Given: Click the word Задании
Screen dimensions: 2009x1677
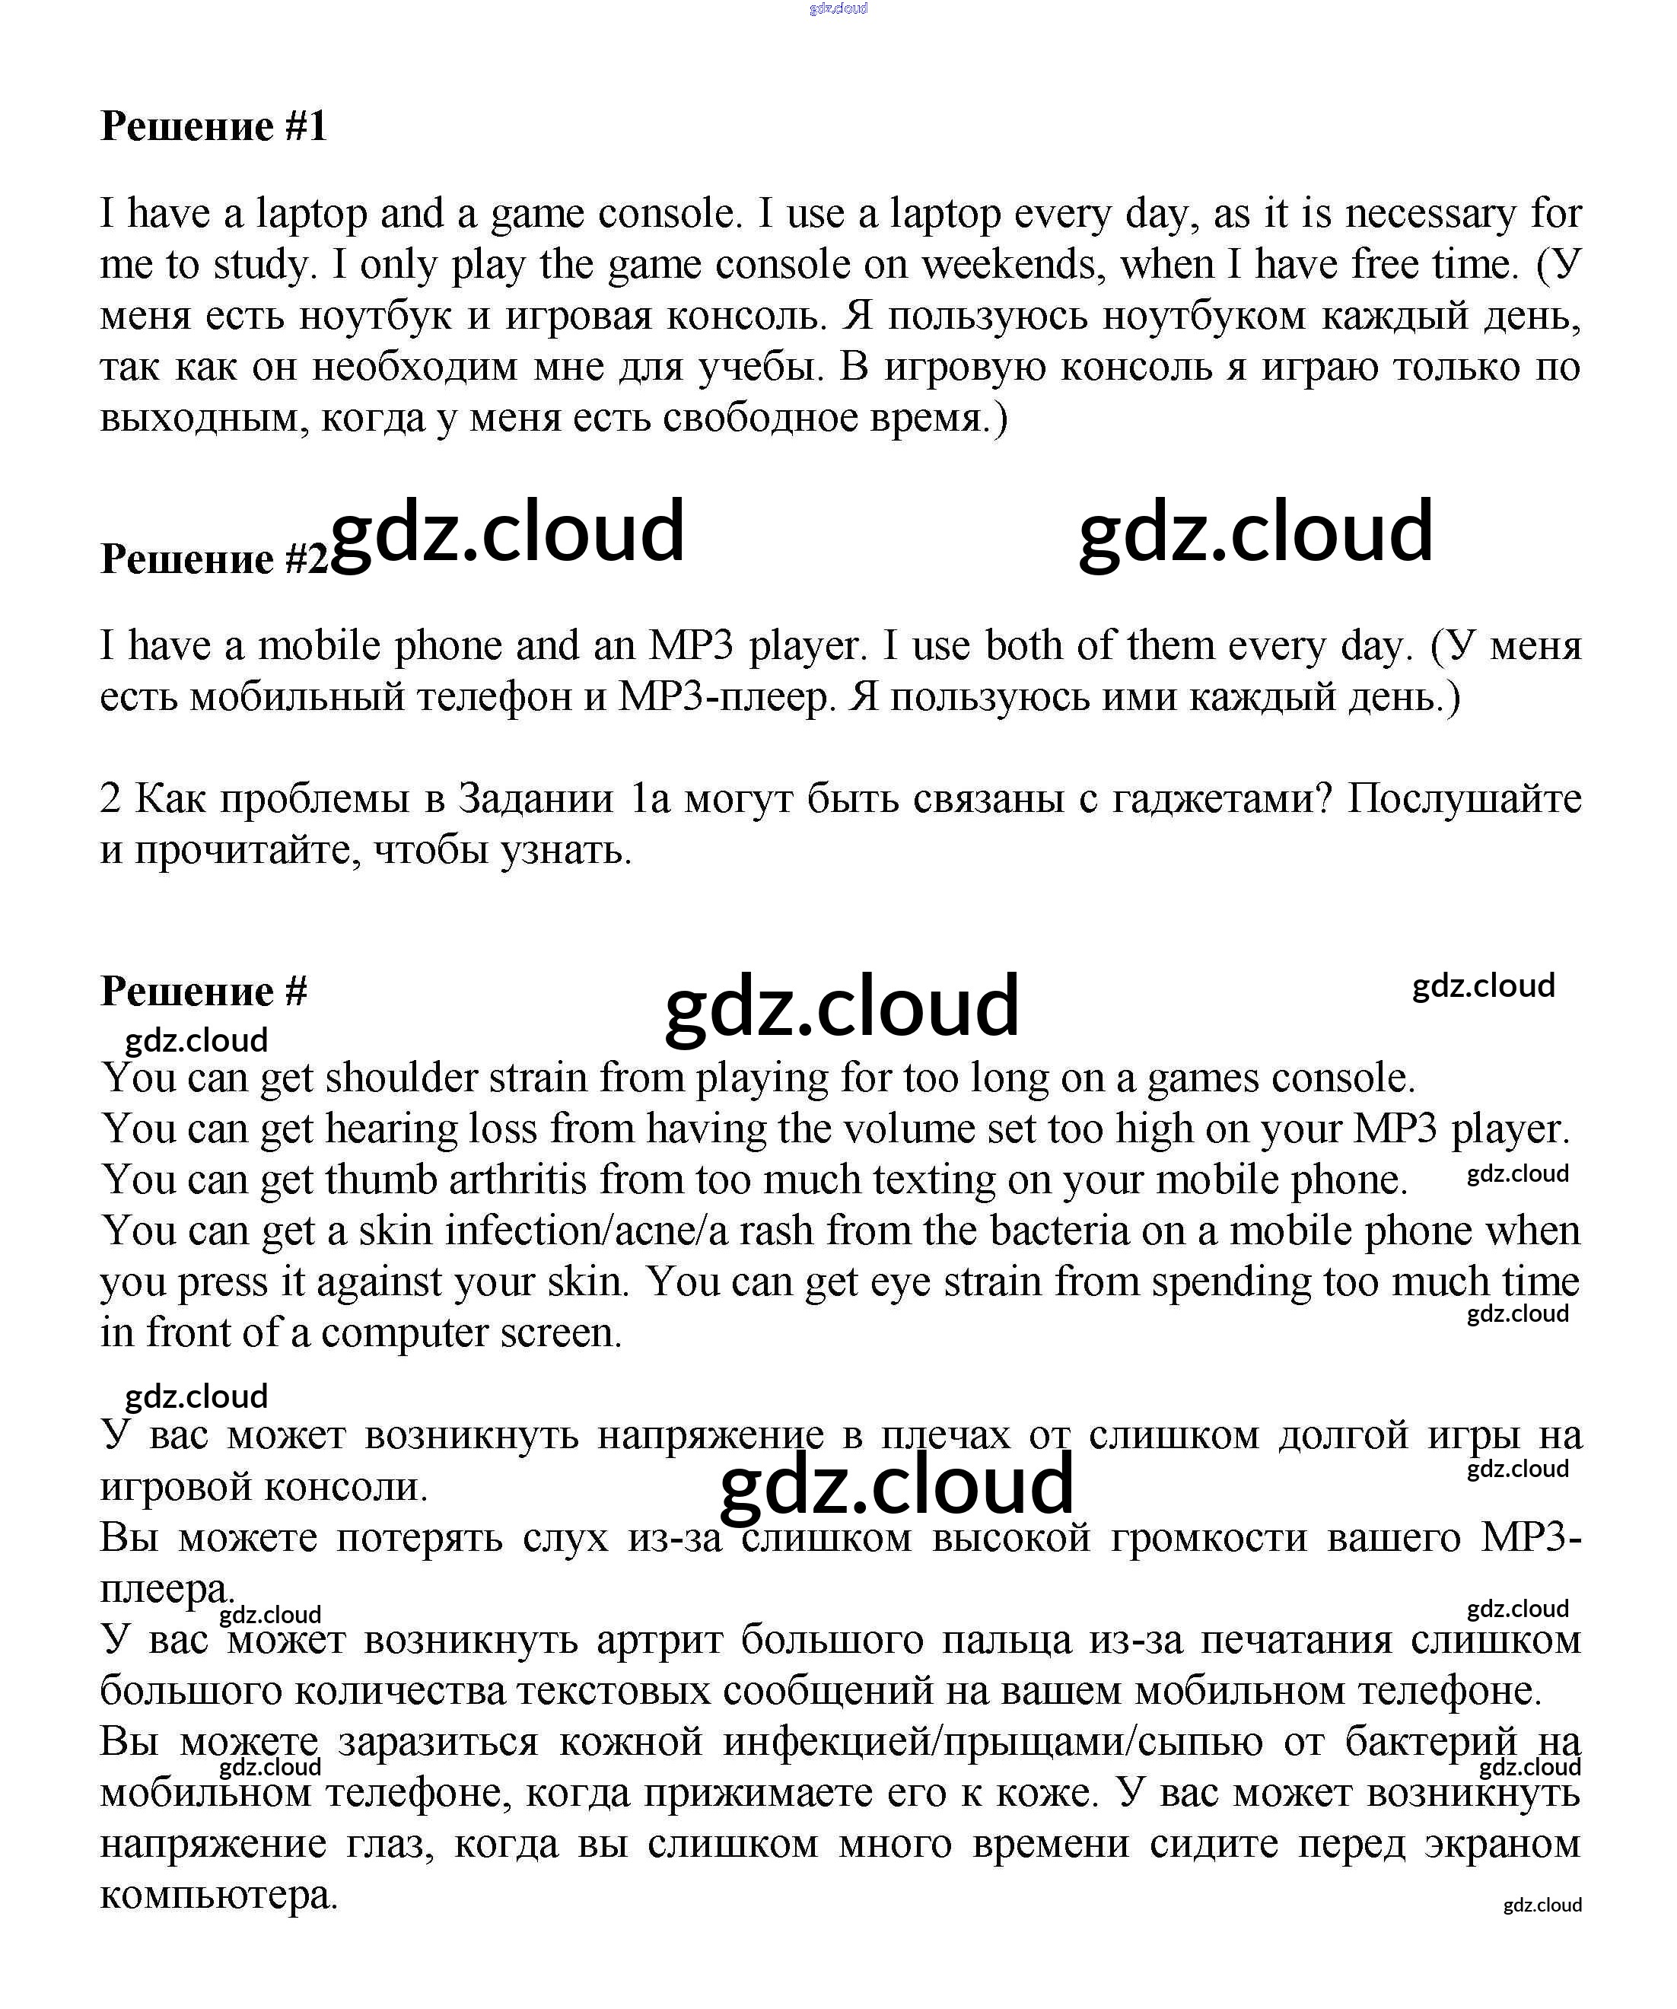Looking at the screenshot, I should pos(536,798).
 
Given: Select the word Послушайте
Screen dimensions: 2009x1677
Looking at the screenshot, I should pos(1464,798).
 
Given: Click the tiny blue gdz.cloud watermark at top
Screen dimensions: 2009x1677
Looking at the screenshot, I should pos(838,8).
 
